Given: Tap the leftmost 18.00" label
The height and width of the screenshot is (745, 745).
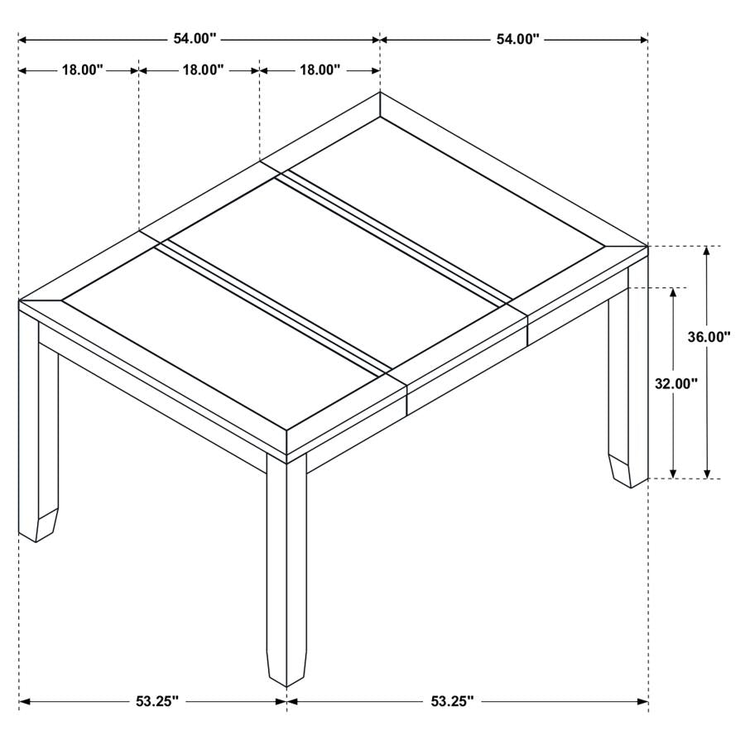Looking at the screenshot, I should pos(81,70).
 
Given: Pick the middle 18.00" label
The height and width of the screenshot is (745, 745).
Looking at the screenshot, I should pos(203,70).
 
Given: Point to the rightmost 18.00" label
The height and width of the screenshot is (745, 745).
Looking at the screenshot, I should pos(320,70).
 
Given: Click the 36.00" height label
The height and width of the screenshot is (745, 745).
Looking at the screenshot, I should pos(709,337).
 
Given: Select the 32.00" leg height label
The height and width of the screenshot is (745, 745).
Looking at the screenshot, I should pos(676,383).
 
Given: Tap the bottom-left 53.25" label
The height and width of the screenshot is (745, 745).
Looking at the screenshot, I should pos(156,701).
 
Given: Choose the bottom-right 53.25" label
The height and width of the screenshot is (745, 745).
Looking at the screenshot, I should pos(452,701).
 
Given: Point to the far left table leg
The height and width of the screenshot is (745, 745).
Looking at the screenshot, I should pos(38,430).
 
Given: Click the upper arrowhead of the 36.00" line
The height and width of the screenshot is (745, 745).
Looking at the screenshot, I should pos(706,252).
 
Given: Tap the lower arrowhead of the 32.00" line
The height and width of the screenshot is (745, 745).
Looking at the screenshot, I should pos(674,472).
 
